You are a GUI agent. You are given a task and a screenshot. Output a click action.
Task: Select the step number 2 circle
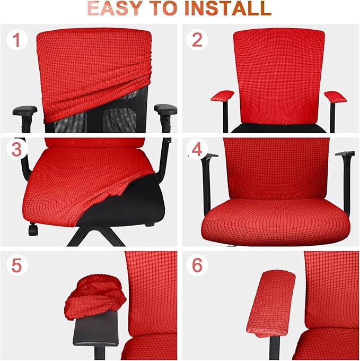click(x=197, y=40)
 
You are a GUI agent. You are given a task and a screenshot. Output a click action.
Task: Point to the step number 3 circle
click(x=17, y=150)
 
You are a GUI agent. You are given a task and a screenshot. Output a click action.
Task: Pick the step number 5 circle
click(x=17, y=265)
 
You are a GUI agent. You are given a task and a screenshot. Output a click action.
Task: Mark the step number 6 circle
click(x=197, y=265)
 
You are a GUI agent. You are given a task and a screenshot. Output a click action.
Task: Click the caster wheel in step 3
click(x=33, y=230)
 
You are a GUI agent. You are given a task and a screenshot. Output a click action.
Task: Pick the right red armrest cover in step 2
click(x=334, y=96)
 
